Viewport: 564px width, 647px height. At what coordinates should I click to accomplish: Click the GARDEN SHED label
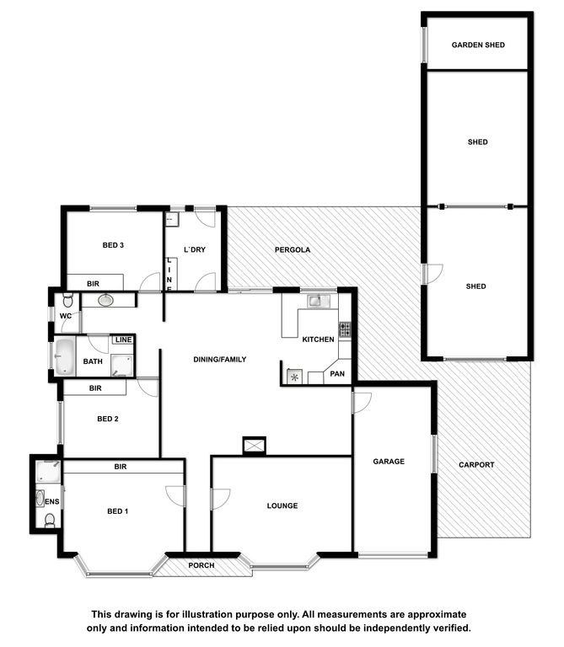point(478,45)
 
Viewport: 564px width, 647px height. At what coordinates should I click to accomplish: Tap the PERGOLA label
point(293,249)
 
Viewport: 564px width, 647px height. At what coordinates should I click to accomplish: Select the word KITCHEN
point(318,340)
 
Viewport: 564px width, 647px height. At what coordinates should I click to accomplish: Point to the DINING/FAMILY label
point(220,360)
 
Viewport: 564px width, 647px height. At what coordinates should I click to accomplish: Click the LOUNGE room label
point(282,505)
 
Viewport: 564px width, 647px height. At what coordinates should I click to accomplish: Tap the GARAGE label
point(389,462)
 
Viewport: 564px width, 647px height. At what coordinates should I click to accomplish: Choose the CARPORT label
point(476,465)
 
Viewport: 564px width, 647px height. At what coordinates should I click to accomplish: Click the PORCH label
point(201,565)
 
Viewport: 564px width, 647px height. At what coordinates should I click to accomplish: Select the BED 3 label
point(113,245)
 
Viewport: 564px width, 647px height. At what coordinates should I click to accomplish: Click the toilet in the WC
point(67,301)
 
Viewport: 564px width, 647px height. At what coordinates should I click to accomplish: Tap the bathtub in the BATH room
point(65,357)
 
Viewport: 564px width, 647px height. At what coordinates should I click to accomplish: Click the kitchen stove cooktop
point(345,329)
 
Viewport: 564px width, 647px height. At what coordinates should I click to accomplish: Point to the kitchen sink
point(318,302)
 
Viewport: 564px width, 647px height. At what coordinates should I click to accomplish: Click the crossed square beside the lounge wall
point(254,446)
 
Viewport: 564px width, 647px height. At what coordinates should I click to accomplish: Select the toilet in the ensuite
point(50,521)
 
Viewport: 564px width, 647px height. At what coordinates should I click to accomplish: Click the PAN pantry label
point(337,374)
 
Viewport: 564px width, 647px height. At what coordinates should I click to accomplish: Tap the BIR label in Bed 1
point(121,467)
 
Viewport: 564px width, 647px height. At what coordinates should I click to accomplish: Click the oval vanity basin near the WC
point(106,300)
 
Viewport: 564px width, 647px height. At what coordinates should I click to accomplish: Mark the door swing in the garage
point(363,403)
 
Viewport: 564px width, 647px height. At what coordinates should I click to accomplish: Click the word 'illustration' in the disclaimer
point(207,614)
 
